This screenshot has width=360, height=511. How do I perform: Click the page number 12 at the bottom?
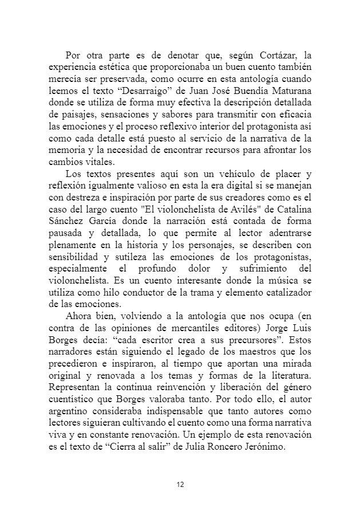[x=180, y=484]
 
